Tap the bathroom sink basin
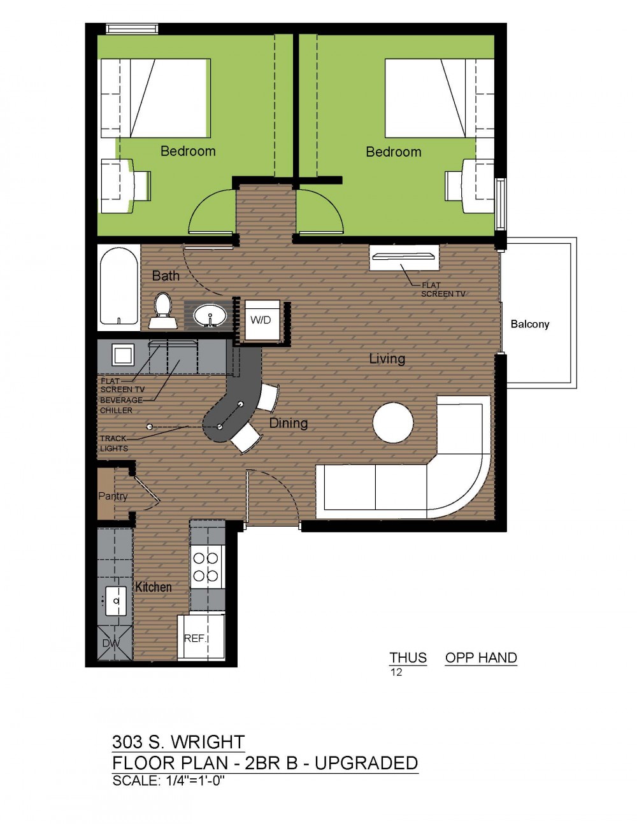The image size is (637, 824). [210, 315]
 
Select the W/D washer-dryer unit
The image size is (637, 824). [262, 320]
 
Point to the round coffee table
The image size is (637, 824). [393, 423]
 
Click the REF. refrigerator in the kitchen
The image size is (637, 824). [201, 637]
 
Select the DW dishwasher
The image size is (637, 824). [115, 643]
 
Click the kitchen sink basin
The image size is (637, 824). [116, 601]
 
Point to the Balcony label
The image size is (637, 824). [530, 324]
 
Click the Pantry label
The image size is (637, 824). [113, 496]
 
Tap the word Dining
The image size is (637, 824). [288, 423]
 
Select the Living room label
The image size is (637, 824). [387, 359]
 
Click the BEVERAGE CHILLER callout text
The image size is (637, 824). [121, 405]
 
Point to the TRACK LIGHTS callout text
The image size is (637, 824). [114, 443]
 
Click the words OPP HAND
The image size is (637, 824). [481, 658]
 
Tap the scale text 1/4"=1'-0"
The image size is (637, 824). [196, 781]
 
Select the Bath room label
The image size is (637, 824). [166, 276]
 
